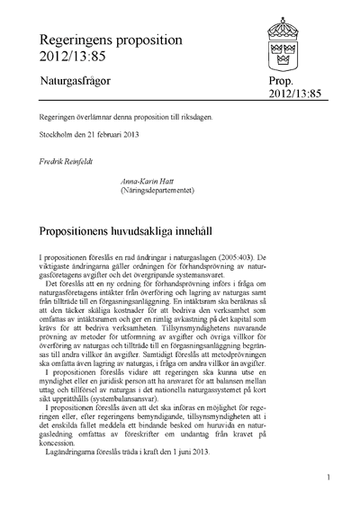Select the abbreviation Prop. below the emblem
[x=274, y=81]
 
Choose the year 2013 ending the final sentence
[x=199, y=451]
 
